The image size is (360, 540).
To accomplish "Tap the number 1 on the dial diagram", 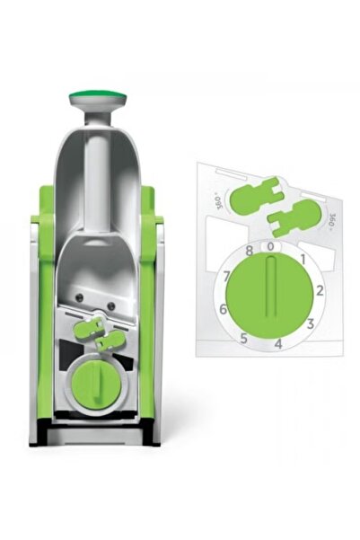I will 303,259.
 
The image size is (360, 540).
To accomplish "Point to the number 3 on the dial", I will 309,323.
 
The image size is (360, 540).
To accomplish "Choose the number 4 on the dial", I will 278,342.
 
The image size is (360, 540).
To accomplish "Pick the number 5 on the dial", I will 242,338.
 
